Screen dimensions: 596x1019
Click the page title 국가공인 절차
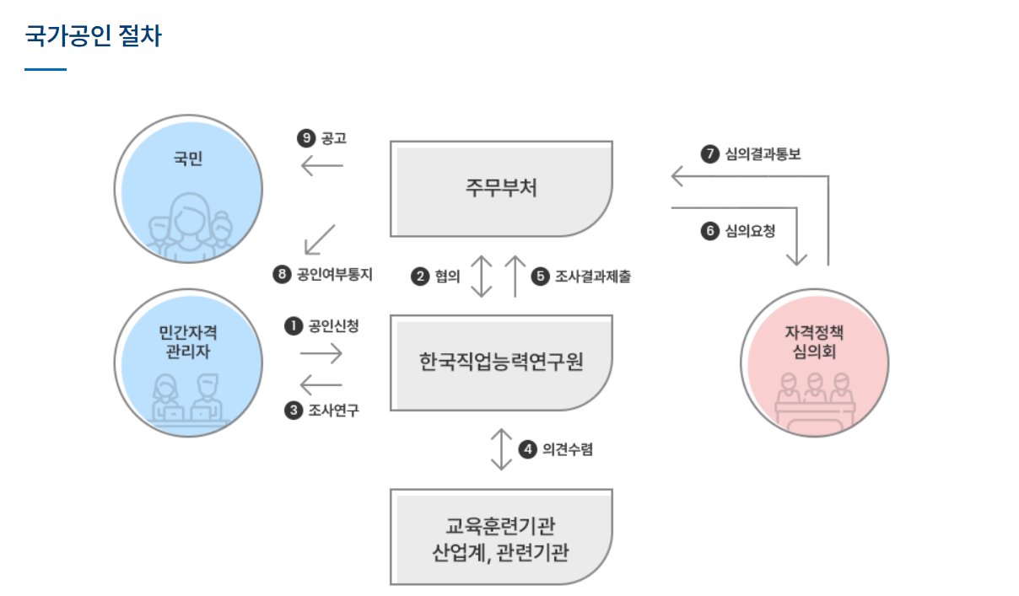point(93,36)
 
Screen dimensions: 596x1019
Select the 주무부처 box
point(501,188)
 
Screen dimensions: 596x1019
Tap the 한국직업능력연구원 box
point(501,362)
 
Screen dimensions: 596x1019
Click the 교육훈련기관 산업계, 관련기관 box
point(501,536)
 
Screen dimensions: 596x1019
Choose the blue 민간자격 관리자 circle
point(190,363)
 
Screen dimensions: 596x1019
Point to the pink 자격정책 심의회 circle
point(814,363)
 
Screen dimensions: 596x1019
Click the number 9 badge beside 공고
point(306,138)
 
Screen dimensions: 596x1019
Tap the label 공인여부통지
point(335,274)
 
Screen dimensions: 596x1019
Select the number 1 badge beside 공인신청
point(294,325)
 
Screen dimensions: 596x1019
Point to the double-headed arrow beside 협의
point(481,275)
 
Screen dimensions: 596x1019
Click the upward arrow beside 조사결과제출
point(515,275)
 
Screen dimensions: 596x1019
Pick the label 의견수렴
point(568,449)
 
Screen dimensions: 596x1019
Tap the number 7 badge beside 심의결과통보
point(710,153)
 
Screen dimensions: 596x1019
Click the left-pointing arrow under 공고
point(322,166)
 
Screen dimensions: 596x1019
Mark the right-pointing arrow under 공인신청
point(321,354)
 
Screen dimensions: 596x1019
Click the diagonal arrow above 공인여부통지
point(320,239)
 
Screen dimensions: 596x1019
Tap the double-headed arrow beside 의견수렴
point(502,449)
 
